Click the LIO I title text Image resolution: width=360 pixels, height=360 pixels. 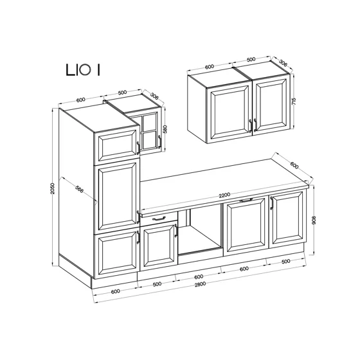[x=83, y=70]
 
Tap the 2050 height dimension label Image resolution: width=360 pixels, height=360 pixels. [x=53, y=188]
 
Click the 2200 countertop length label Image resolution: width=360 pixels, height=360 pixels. [x=224, y=195]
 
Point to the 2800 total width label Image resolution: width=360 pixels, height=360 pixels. [x=200, y=284]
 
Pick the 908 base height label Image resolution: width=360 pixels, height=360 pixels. [x=314, y=220]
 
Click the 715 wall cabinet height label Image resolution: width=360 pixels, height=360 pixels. [x=294, y=102]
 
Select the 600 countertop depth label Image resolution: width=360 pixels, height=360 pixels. [x=294, y=165]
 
